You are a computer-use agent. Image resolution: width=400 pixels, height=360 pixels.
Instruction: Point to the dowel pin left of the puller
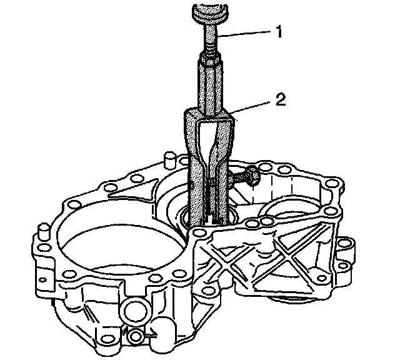click(169, 161)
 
